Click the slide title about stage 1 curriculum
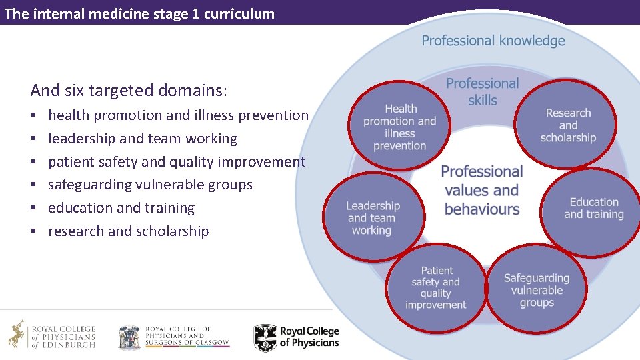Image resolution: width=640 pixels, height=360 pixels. pos(139,14)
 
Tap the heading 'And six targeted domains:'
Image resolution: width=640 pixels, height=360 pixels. pos(129,90)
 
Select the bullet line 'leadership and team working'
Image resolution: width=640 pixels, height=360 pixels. pos(143,139)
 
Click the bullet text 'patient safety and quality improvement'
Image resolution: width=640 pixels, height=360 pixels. pos(177,162)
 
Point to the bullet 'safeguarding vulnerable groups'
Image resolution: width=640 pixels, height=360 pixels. pos(150,185)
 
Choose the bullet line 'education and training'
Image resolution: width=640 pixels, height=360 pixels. pos(121,208)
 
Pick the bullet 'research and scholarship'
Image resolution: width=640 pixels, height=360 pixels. pos(128,231)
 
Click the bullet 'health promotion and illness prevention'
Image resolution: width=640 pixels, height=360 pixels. pos(178,115)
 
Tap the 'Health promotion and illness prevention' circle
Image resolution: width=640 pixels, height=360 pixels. pos(400,127)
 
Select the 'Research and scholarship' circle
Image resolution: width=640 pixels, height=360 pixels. pos(568,125)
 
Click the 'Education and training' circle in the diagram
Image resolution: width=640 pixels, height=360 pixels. pos(593,208)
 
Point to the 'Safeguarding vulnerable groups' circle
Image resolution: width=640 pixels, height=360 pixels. pos(537,290)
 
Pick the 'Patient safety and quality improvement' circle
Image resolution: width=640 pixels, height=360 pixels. pos(436,288)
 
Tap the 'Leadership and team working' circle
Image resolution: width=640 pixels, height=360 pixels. pos(373,217)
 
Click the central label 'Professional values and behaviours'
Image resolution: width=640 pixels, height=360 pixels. pos(481,190)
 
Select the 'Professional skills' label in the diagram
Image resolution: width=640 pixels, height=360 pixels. pos(482,91)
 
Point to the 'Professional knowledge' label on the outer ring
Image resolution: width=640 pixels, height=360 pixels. pos(493,41)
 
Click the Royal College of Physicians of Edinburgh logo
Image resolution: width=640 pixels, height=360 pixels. pos(52,335)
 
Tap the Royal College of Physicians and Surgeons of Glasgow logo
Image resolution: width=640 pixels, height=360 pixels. pos(173,337)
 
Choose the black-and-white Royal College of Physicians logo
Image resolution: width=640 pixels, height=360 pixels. pos(296,337)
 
